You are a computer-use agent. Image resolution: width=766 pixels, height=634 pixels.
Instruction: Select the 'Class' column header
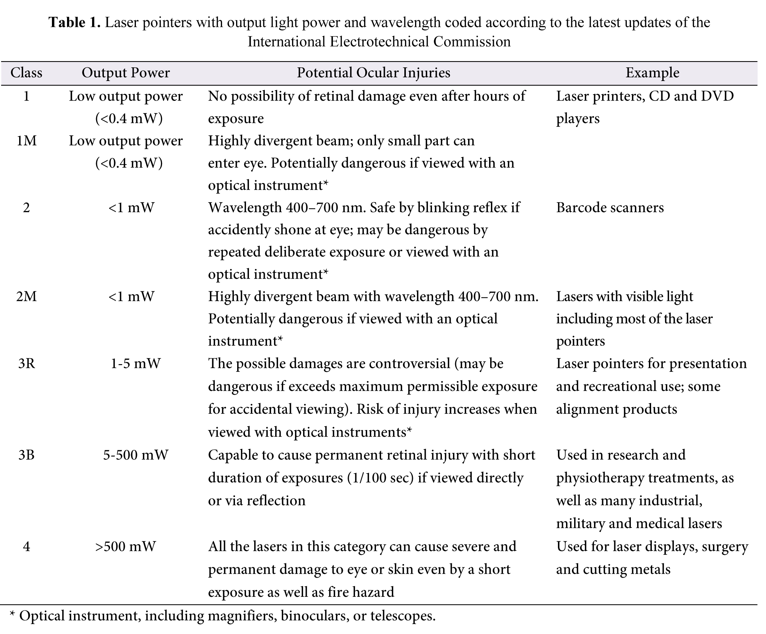click(x=26, y=73)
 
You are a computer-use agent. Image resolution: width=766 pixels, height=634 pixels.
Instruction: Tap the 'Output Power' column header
click(x=126, y=73)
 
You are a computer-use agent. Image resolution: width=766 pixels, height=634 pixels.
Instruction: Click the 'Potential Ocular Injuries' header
click(x=373, y=73)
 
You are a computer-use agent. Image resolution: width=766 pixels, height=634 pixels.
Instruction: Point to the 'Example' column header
click(x=652, y=73)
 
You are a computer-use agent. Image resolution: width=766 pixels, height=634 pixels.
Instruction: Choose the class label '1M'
click(x=26, y=141)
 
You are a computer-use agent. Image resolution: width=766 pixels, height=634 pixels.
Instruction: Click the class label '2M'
click(x=26, y=296)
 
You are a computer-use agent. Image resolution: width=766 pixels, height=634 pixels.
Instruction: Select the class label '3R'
click(x=26, y=364)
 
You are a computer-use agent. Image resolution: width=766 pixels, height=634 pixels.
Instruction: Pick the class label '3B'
click(x=26, y=455)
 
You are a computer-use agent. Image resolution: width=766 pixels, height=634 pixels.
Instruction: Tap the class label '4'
click(x=26, y=546)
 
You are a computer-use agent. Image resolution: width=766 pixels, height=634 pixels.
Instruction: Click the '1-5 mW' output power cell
click(x=136, y=364)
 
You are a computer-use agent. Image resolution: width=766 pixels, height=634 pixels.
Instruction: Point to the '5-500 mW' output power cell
click(x=136, y=455)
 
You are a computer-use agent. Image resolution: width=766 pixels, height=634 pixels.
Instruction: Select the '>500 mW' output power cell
click(x=126, y=546)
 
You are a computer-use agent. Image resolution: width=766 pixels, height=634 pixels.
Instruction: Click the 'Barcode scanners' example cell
click(x=610, y=208)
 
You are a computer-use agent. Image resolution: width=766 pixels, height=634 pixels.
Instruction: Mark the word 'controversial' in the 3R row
click(x=410, y=364)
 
